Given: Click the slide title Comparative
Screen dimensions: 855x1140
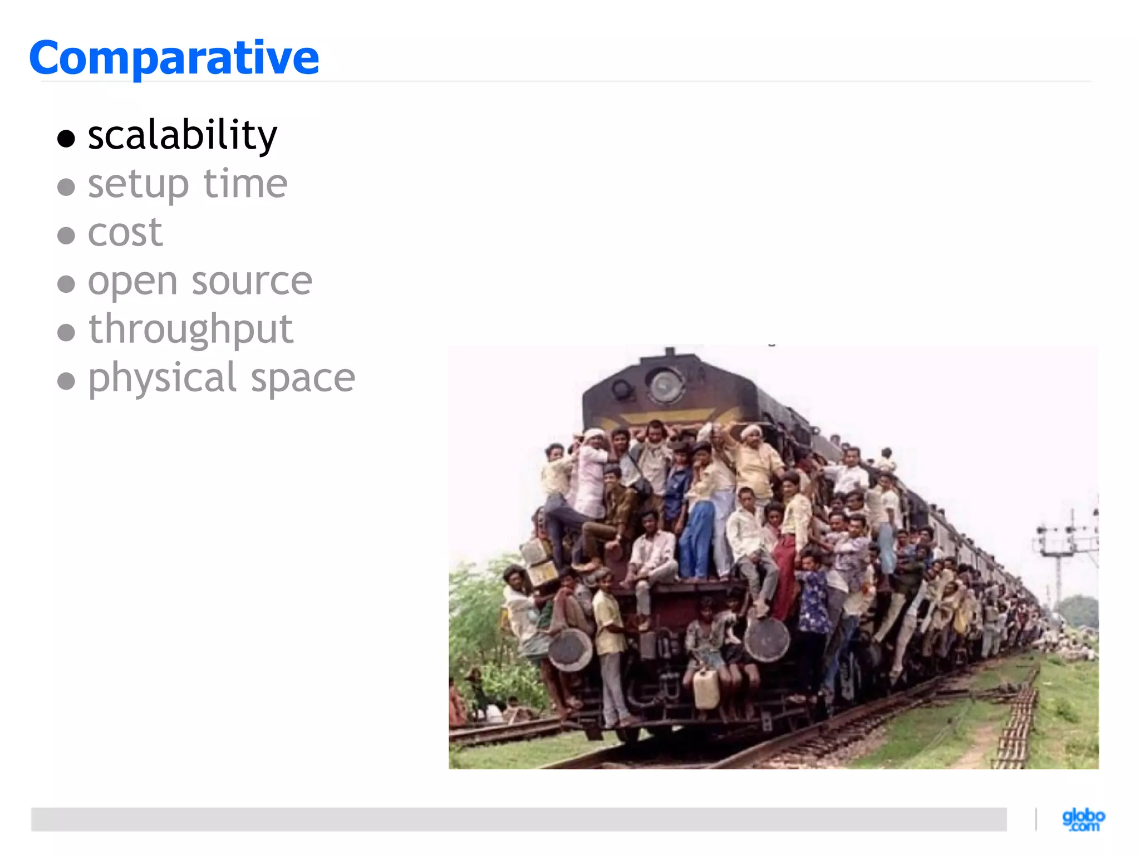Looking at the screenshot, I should tap(174, 58).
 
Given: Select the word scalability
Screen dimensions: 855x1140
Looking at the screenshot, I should tap(182, 135).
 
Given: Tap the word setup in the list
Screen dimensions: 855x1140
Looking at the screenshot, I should tap(138, 184).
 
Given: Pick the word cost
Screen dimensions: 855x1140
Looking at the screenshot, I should tap(125, 233).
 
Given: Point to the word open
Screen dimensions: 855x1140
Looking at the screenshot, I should tap(132, 282).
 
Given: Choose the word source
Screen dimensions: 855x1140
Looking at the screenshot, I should tap(252, 281).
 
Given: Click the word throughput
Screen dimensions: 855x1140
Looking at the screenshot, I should tap(191, 330).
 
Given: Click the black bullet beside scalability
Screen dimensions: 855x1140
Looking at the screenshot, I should tap(66, 138).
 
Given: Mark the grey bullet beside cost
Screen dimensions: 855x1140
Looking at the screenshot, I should tap(66, 235).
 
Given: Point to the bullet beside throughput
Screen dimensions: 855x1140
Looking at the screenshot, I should tap(66, 333).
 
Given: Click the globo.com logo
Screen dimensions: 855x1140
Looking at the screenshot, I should tap(1083, 819).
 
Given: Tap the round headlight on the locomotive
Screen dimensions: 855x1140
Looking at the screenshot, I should tap(665, 385).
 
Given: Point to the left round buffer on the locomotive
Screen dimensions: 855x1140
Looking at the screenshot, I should tap(570, 650).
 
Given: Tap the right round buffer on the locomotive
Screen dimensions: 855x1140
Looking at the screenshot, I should tap(766, 640).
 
